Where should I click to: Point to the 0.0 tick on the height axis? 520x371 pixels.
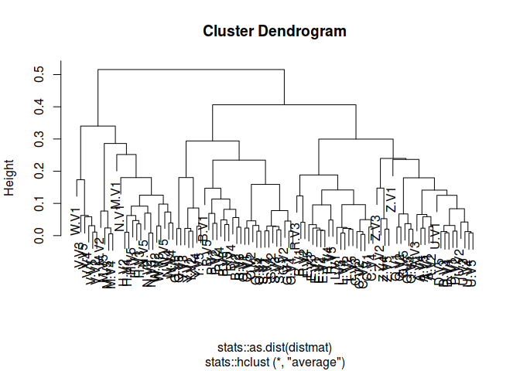tap(38, 235)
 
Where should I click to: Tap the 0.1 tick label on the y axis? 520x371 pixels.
tap(38, 203)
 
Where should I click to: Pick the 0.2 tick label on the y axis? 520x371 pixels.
tap(38, 171)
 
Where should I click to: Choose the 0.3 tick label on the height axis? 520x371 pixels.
tap(38, 138)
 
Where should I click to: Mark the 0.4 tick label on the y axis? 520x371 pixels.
tap(38, 107)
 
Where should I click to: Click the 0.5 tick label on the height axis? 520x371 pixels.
tap(38, 74)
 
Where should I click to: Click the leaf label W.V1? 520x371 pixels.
tap(75, 221)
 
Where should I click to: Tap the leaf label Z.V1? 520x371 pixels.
tap(392, 199)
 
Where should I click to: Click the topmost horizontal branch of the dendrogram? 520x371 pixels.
tap(191, 70)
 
